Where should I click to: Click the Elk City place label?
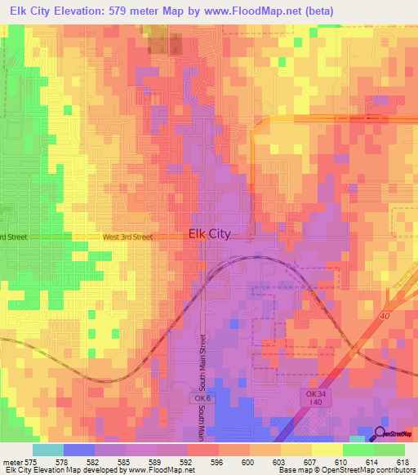(209, 233)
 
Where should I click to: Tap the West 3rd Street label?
(127, 237)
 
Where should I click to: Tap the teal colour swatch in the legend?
(48, 450)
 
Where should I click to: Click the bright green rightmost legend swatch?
(389, 450)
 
